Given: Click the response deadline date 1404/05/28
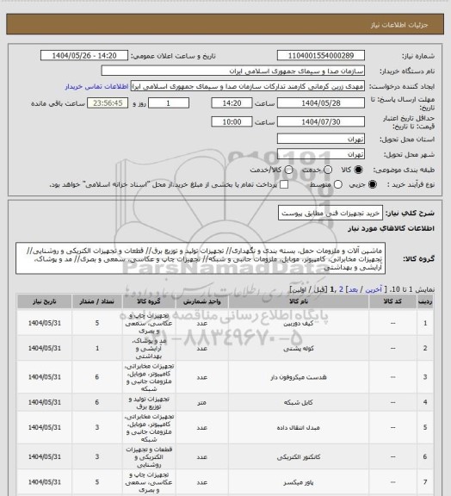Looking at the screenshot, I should coord(313,102).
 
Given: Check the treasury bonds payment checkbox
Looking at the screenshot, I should coord(250,184).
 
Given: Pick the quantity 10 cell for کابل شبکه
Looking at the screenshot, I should coord(96,400).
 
